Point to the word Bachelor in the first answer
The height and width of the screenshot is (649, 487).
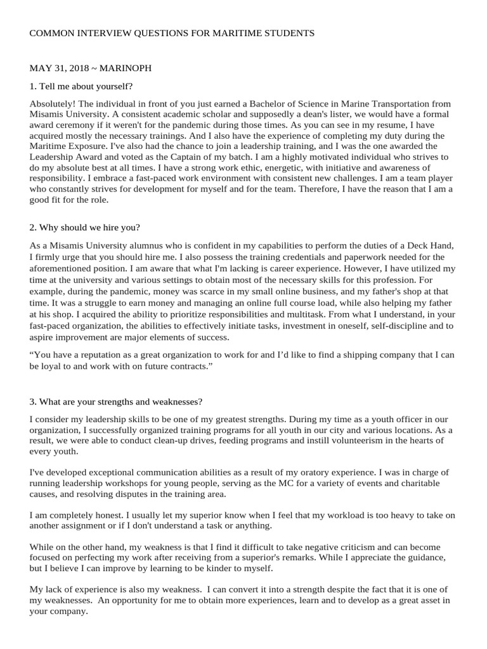tap(279, 103)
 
